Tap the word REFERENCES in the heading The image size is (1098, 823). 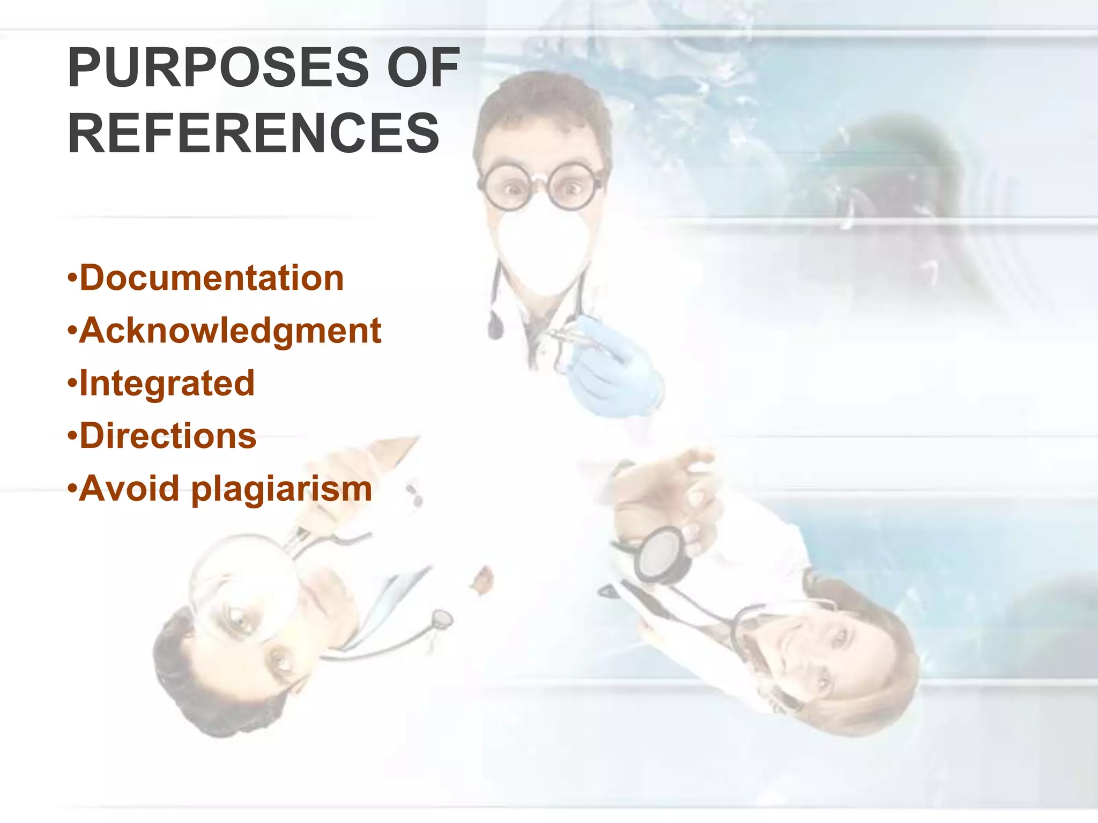coord(253,133)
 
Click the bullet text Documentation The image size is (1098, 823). coord(211,278)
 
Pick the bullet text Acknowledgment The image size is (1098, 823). coord(230,331)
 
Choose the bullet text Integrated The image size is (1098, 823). coord(167,383)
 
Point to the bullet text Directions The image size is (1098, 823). coord(168,436)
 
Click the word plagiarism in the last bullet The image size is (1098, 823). coord(281,489)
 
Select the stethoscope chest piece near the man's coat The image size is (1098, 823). coord(442,619)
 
